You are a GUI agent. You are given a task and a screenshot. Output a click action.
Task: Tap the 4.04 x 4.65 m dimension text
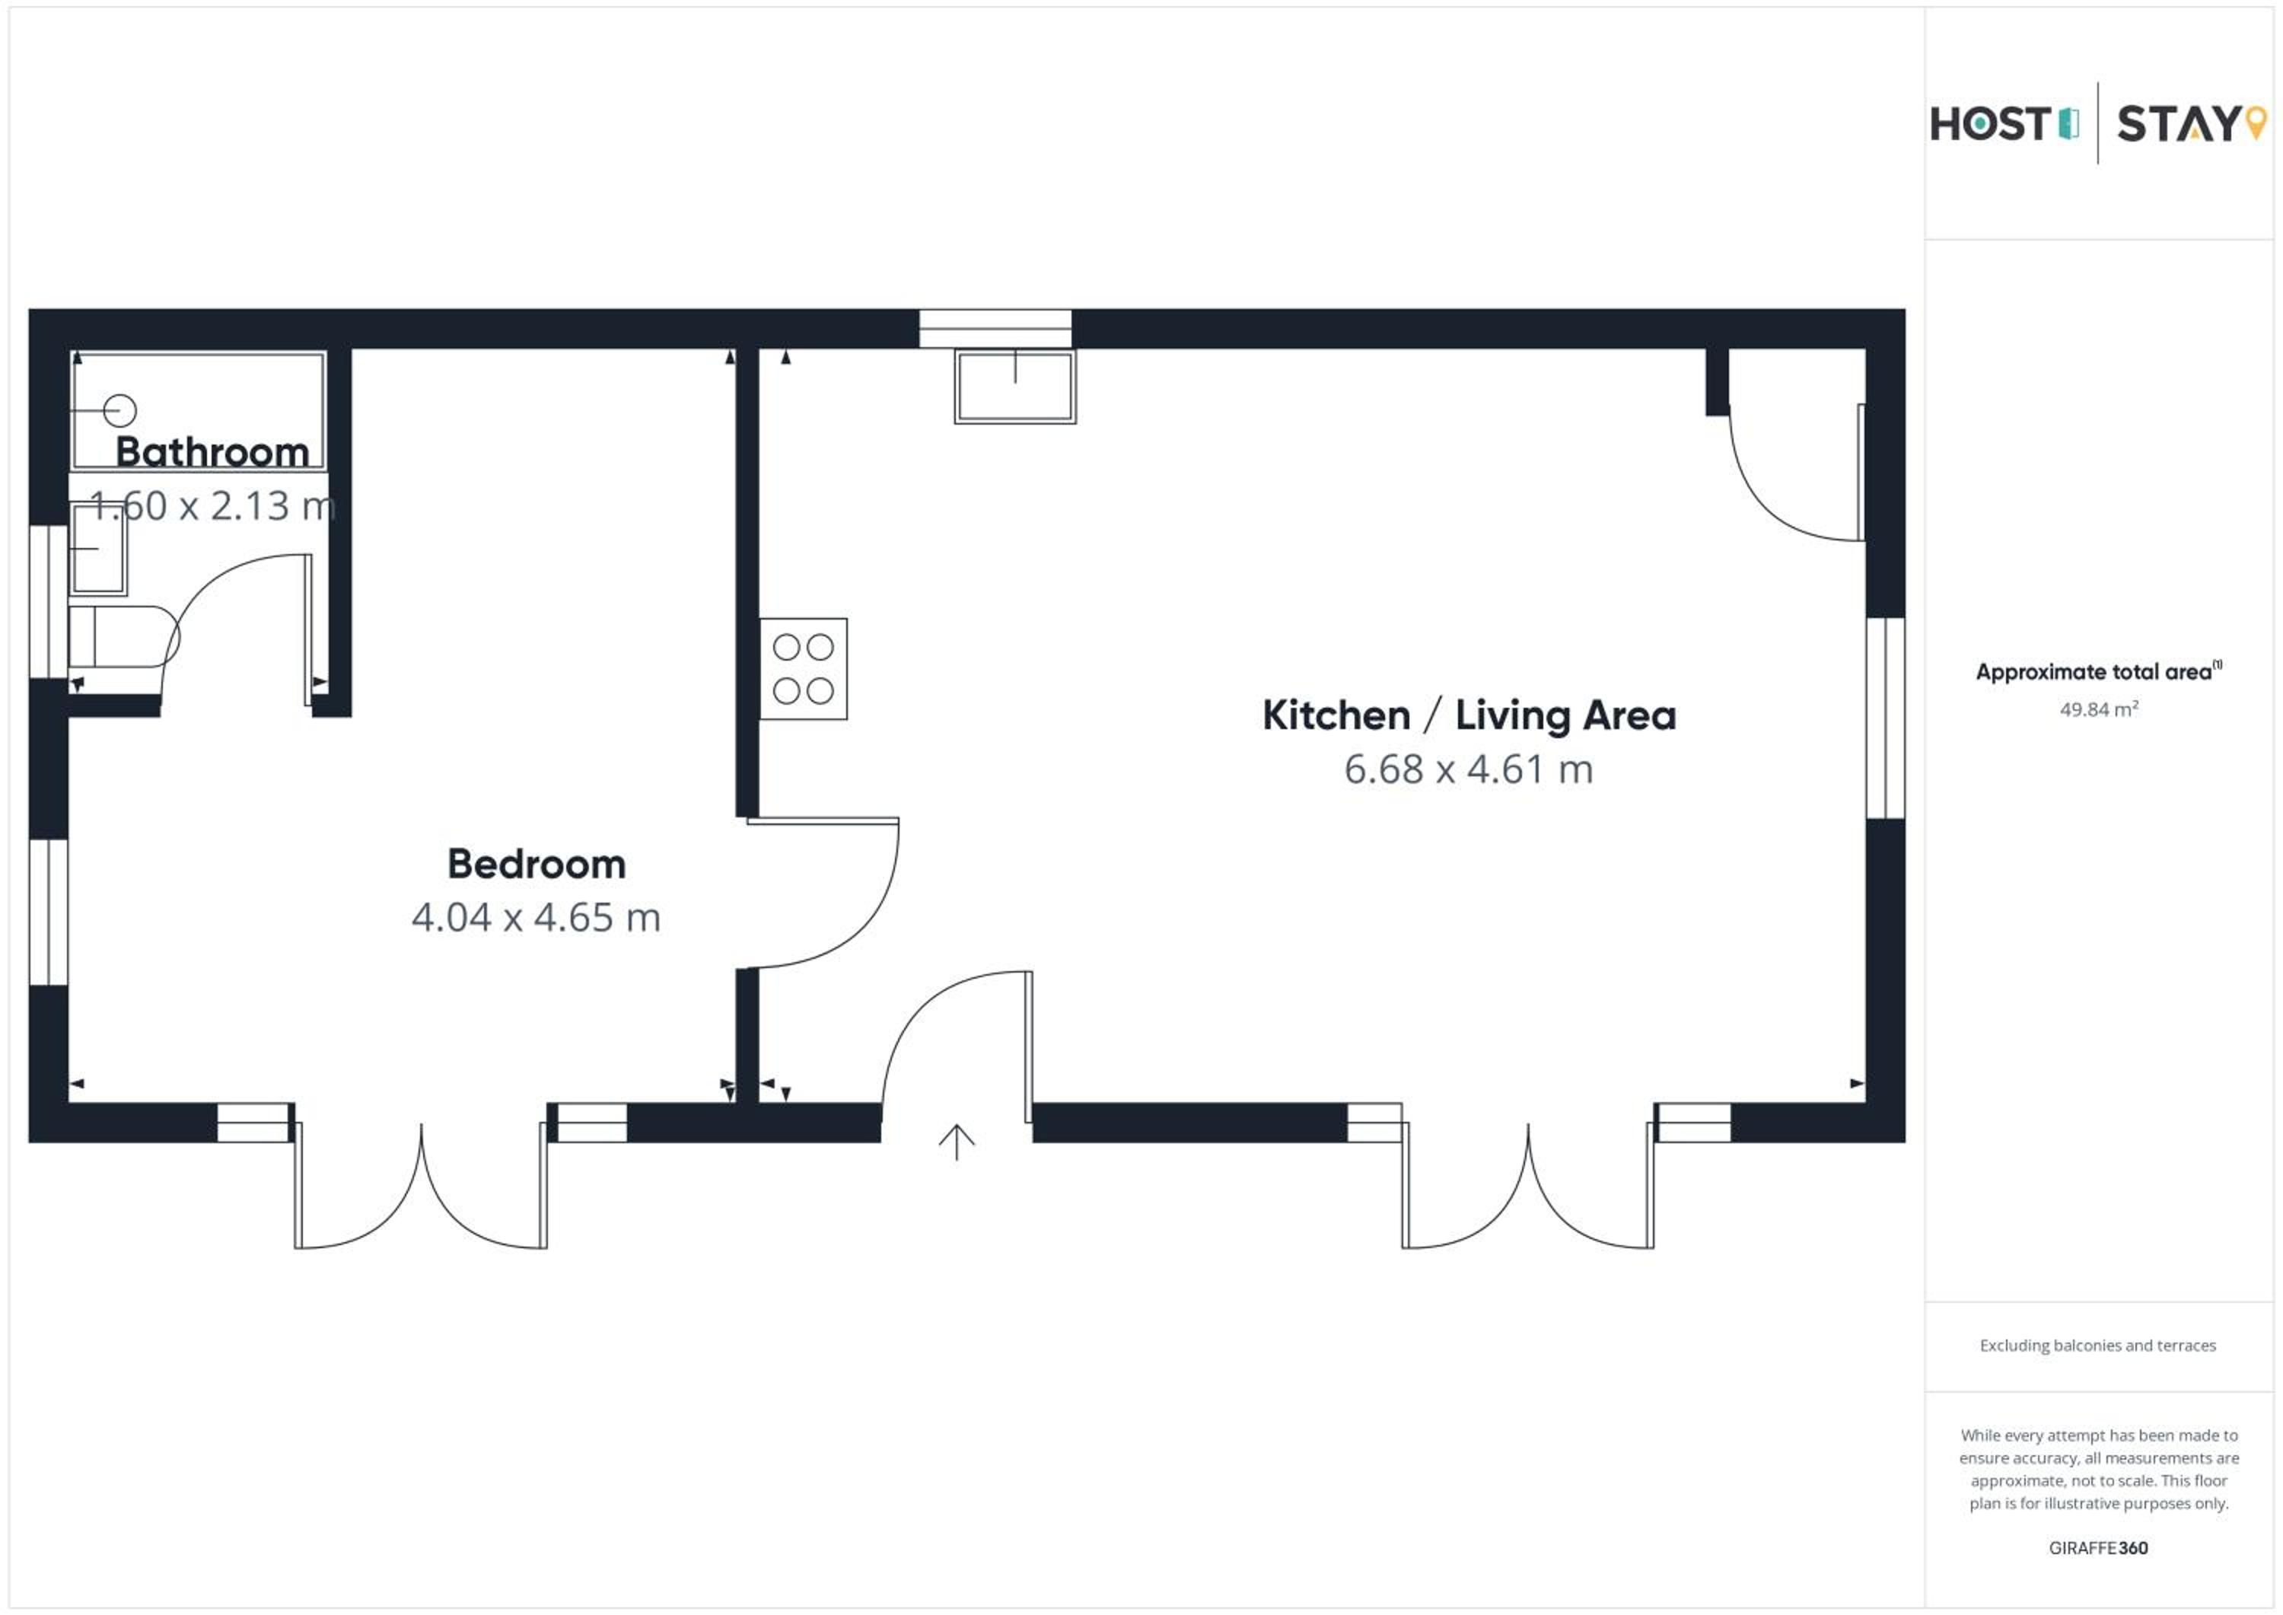(536, 917)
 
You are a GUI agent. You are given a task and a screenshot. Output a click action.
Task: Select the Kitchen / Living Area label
(1469, 715)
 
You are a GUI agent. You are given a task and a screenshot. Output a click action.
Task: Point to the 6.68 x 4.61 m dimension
(1469, 769)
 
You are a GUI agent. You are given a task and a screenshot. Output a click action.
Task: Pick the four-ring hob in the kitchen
(804, 668)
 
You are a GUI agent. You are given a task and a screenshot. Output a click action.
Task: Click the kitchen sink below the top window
(1015, 386)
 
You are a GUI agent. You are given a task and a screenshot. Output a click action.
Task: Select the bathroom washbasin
(97, 548)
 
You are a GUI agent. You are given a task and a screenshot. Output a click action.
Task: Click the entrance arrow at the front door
(957, 1142)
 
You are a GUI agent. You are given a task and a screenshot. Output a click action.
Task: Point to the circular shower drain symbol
(120, 409)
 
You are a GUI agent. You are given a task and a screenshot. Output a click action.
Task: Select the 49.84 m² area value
(2098, 709)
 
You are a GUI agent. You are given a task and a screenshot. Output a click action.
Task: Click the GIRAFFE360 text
(2098, 1547)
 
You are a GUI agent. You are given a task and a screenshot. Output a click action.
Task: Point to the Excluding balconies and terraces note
(2098, 1346)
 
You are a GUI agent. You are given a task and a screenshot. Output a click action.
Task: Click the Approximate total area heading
(2098, 671)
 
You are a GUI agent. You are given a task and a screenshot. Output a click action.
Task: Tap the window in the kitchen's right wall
(1885, 718)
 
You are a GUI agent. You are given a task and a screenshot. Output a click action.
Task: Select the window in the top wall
(995, 328)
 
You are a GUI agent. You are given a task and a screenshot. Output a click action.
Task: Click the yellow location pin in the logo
(2256, 123)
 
